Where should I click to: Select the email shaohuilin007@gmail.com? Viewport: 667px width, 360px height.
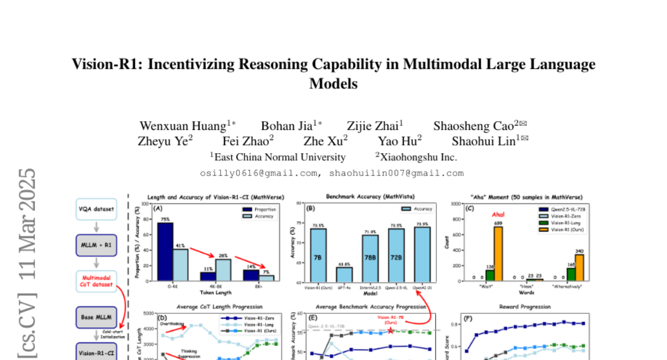coord(396,173)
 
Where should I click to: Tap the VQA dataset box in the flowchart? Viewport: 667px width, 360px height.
coord(96,209)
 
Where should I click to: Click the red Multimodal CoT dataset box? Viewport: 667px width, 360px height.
coord(96,281)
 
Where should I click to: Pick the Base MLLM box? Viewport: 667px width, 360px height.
coord(96,318)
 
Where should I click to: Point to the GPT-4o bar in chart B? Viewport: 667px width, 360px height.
coord(344,274)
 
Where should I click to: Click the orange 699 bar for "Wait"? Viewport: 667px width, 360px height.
coord(497,253)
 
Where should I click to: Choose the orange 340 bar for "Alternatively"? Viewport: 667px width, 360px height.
coord(579,267)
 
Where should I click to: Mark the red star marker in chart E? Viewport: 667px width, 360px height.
coord(391,331)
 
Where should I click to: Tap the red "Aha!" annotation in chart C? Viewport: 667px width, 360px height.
coord(497,214)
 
